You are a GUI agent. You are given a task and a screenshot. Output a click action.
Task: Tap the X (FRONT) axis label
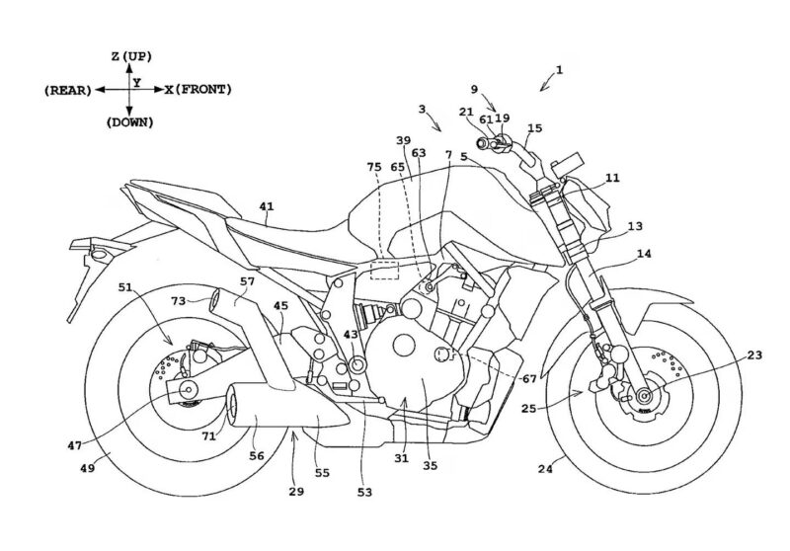[x=197, y=90]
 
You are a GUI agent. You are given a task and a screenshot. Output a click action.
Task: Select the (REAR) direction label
[x=67, y=90]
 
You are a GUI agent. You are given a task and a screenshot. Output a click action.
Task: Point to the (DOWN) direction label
[x=129, y=122]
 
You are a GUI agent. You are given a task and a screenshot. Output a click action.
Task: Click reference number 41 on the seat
[x=266, y=207]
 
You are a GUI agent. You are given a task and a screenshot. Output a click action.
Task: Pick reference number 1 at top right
[x=559, y=70]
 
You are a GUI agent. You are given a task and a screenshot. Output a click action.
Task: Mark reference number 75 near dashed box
[x=374, y=168]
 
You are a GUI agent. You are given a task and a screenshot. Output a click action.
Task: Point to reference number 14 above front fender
[x=643, y=255]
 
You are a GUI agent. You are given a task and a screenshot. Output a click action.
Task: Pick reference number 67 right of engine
[x=529, y=379]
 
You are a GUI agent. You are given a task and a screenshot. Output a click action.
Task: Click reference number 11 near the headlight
[x=612, y=179]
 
